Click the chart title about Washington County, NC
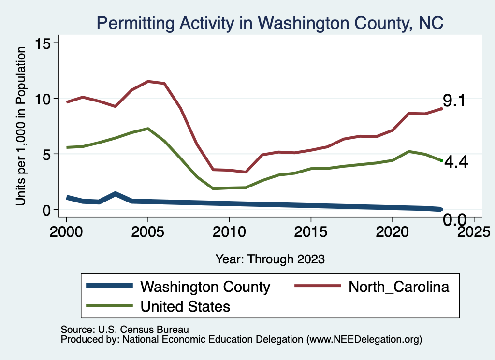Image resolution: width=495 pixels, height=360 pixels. (x=270, y=23)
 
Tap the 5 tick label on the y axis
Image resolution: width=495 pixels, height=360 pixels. (x=46, y=154)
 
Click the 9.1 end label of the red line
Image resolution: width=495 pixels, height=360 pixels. (x=454, y=101)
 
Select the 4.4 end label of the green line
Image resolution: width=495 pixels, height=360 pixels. (x=456, y=162)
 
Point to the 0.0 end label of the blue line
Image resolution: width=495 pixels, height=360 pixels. (x=455, y=221)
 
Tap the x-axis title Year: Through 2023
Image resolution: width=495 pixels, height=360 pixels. (x=270, y=259)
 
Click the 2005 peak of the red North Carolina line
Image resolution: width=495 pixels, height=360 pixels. (x=148, y=81)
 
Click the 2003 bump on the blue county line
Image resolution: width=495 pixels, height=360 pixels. (x=115, y=194)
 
